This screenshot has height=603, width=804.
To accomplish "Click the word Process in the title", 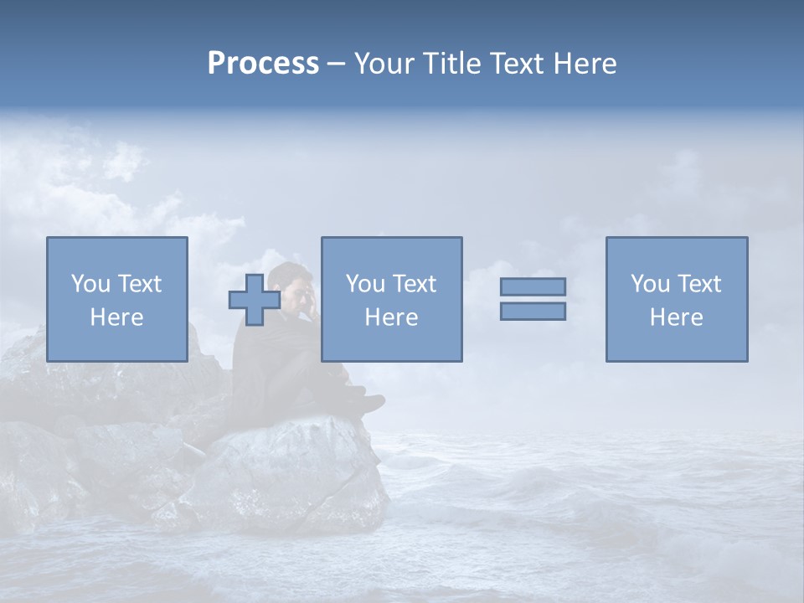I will click(263, 64).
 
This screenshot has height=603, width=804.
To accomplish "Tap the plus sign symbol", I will click(255, 299).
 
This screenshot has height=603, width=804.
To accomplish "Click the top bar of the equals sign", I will click(533, 286).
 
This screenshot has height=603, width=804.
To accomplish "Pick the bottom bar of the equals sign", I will click(533, 311).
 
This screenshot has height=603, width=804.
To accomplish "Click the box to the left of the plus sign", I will click(117, 299).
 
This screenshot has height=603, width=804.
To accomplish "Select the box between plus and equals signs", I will click(391, 299).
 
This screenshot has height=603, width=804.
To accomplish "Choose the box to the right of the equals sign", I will click(677, 299).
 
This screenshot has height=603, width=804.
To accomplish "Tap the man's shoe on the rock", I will click(368, 405).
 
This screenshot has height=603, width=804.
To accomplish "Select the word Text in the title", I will click(515, 64).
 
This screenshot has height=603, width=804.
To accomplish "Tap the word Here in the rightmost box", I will click(677, 317).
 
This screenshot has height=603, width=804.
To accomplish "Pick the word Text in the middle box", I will click(414, 284).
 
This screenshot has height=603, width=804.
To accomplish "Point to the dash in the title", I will click(336, 64).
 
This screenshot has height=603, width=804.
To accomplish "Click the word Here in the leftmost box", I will click(117, 317).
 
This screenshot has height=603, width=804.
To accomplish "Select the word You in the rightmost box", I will click(650, 284).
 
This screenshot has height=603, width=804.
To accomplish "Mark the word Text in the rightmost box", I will click(698, 284).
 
